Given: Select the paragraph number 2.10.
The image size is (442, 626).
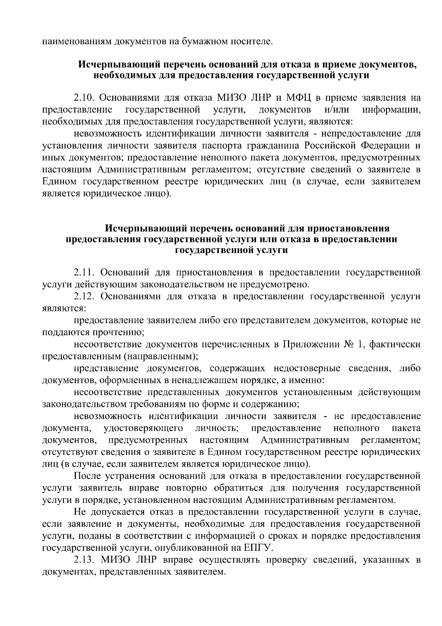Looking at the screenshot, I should (85, 98).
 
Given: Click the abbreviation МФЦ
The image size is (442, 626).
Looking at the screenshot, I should (298, 98).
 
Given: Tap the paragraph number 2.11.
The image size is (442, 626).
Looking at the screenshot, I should (85, 272).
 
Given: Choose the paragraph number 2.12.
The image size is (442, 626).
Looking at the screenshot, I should (85, 296).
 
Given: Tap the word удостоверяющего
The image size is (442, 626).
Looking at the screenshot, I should (144, 428).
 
